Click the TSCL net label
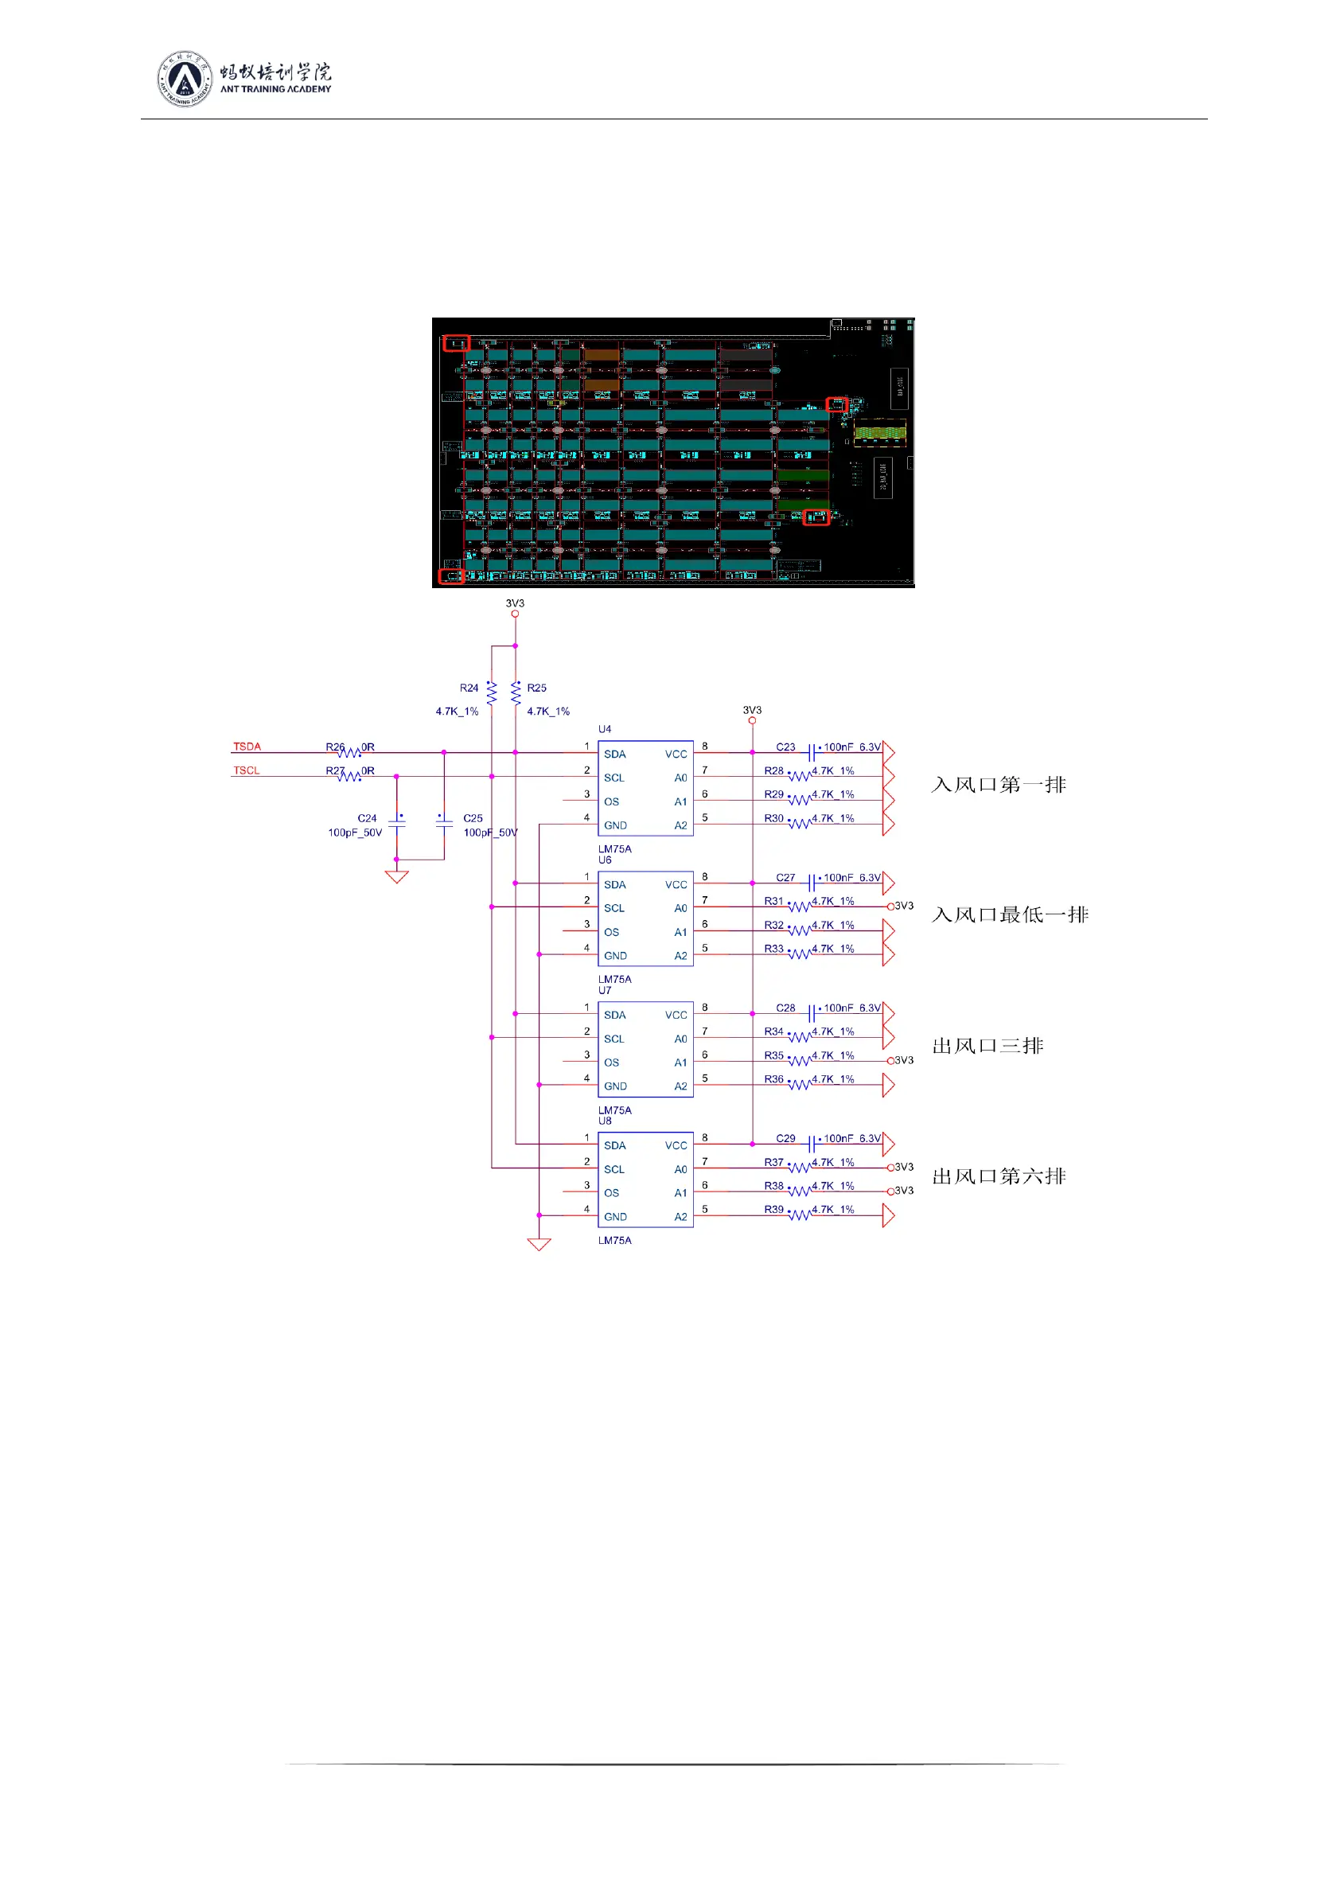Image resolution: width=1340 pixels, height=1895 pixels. [x=246, y=770]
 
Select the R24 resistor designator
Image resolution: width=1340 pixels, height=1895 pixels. [x=469, y=688]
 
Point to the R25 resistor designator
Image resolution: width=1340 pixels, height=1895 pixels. [x=536, y=688]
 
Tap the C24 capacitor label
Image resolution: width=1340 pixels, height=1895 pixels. [x=367, y=818]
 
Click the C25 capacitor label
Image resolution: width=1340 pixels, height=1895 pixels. [x=473, y=818]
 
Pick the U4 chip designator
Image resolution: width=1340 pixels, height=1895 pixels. [x=605, y=729]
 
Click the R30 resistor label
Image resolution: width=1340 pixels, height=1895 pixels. [x=773, y=818]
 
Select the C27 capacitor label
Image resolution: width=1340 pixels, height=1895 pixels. [x=785, y=877]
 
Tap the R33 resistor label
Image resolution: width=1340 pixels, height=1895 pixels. [x=773, y=949]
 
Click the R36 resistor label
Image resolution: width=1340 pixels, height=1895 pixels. [x=773, y=1078]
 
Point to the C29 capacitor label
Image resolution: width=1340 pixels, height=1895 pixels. [x=785, y=1138]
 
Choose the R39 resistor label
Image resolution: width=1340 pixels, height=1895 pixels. [x=773, y=1209]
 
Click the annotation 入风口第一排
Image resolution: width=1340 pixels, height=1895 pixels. [x=999, y=784]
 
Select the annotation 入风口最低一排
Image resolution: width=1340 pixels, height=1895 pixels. [x=1010, y=914]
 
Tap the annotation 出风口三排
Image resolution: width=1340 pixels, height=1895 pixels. [x=987, y=1046]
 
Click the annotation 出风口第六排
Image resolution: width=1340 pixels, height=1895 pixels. [x=999, y=1176]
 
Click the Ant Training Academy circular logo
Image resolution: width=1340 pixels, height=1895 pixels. [x=184, y=79]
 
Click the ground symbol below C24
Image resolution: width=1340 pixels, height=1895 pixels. [x=397, y=876]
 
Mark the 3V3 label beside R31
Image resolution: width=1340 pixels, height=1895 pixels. [x=904, y=906]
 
